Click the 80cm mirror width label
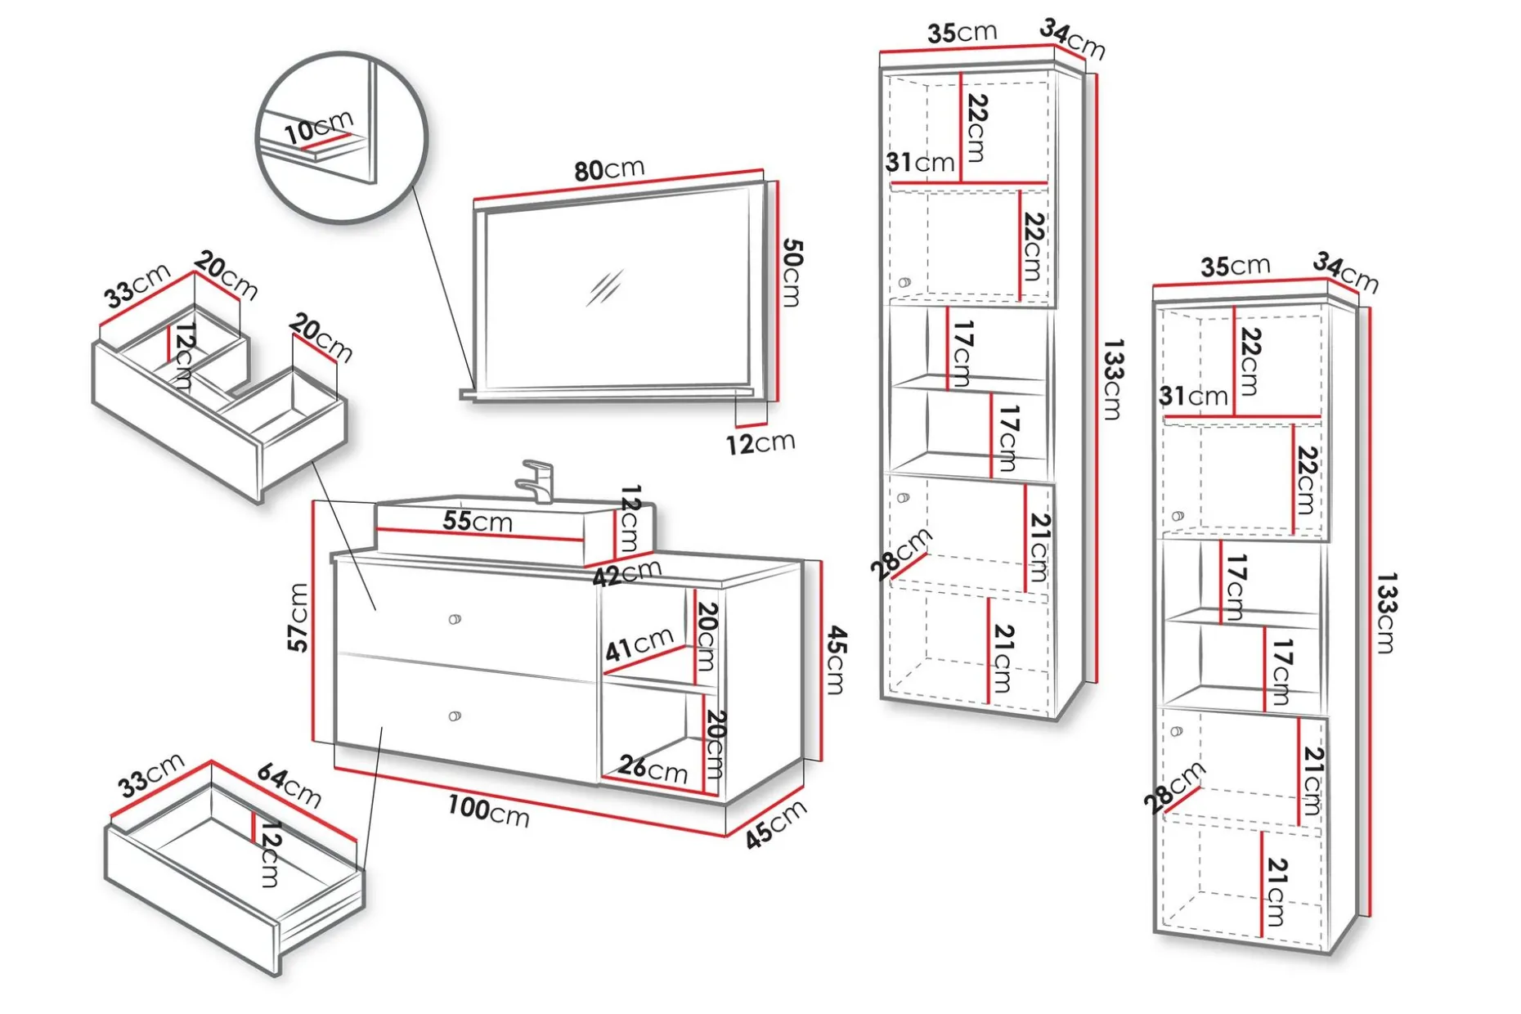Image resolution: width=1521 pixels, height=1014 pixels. [x=609, y=169]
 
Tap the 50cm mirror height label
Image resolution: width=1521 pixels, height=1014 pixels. [x=792, y=273]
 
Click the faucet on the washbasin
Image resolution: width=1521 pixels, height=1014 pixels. [x=536, y=481]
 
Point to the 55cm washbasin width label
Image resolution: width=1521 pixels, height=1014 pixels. [x=478, y=521]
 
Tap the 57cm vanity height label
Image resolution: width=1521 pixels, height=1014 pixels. [x=298, y=617]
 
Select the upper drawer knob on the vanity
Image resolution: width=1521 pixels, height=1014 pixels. [x=455, y=619]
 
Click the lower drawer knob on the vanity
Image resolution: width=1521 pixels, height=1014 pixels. [x=455, y=716]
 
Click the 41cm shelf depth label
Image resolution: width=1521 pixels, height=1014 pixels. [x=639, y=644]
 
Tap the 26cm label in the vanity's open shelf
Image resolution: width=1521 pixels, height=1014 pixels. [x=653, y=769]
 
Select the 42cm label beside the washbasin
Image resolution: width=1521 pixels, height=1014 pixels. [x=627, y=573]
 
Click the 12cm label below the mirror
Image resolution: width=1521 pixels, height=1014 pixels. [x=760, y=443]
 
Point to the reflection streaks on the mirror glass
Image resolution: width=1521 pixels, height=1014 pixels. [x=605, y=288]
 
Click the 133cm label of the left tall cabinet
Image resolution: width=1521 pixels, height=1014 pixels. [x=1113, y=379]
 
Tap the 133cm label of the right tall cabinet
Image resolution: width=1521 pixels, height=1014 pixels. [x=1386, y=613]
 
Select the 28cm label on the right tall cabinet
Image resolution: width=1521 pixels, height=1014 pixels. [x=1174, y=787]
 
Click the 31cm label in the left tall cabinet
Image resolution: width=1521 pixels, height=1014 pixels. [x=920, y=162]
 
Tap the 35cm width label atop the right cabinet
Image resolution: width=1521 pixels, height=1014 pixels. [x=1235, y=267]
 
